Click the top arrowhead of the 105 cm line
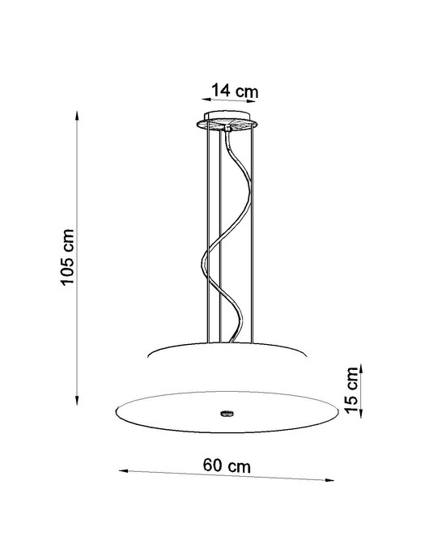(x=78, y=117)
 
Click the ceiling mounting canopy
(x=231, y=123)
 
